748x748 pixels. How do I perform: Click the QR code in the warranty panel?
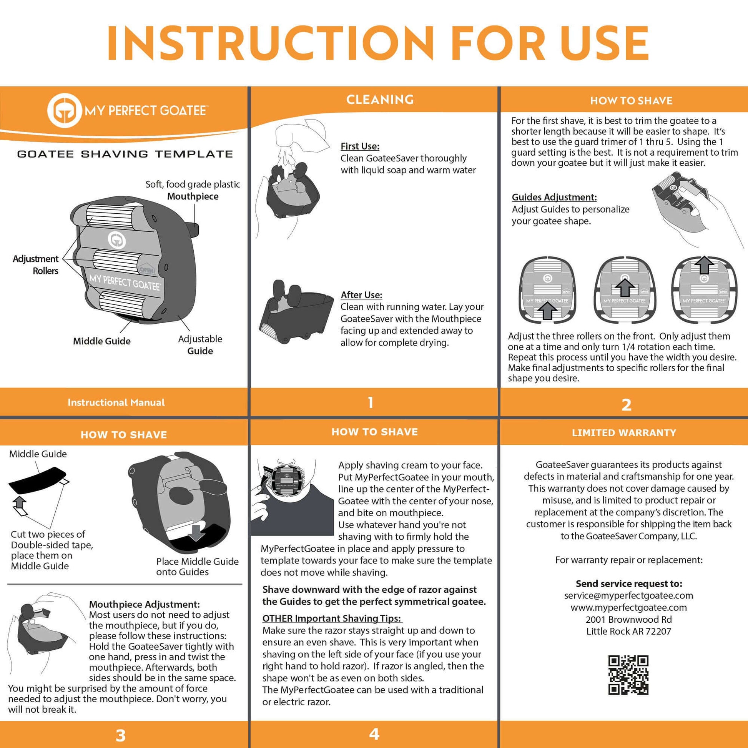pyautogui.click(x=628, y=675)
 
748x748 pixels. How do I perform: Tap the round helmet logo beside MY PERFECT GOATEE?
pyautogui.click(x=64, y=111)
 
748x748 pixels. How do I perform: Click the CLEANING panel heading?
pyautogui.click(x=380, y=100)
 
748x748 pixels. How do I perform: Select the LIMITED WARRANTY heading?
pyautogui.click(x=624, y=432)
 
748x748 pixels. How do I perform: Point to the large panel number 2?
pyautogui.click(x=627, y=405)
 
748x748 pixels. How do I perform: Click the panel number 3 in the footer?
pyautogui.click(x=121, y=735)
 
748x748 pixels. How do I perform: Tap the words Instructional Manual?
pyautogui.click(x=116, y=402)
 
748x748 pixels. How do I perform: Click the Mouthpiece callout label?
pyautogui.click(x=193, y=196)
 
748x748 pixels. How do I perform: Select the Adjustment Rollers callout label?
pyautogui.click(x=36, y=264)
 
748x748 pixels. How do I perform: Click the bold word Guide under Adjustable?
pyautogui.click(x=200, y=351)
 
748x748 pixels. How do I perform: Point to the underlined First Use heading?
pyautogui.click(x=360, y=146)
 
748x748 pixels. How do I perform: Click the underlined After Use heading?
pyautogui.click(x=361, y=295)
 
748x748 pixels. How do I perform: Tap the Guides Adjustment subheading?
pyautogui.click(x=554, y=197)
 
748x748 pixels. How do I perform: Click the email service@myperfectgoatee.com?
pyautogui.click(x=628, y=595)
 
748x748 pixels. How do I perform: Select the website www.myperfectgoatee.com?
pyautogui.click(x=628, y=607)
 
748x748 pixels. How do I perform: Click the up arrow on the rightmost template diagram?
pyautogui.click(x=704, y=265)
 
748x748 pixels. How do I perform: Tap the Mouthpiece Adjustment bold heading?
pyautogui.click(x=145, y=604)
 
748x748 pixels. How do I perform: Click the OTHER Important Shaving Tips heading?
pyautogui.click(x=331, y=618)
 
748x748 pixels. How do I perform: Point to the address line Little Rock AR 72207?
pyautogui.click(x=628, y=631)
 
